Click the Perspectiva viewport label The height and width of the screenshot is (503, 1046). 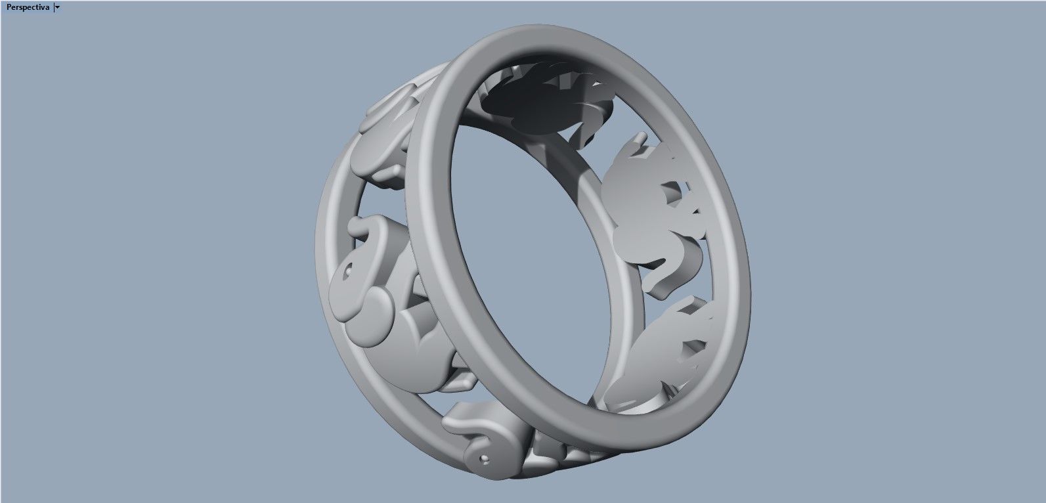tap(28, 7)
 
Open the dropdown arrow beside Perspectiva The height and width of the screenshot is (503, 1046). tap(58, 7)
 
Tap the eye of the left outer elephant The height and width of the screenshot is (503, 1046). tap(349, 269)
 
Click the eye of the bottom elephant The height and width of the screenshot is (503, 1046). tap(486, 457)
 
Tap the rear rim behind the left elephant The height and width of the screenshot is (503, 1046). tap(328, 217)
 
